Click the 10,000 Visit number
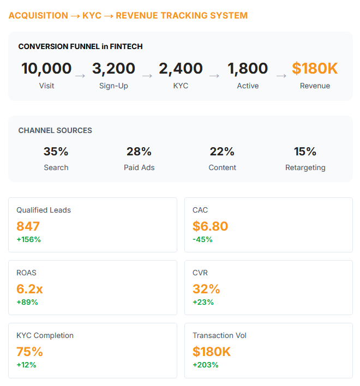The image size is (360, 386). [46, 69]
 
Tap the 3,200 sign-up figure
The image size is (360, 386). [113, 69]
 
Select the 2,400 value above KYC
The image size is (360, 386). [181, 69]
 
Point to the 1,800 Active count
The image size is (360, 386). [248, 69]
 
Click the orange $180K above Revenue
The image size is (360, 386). [315, 69]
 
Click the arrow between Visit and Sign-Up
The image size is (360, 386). [80, 76]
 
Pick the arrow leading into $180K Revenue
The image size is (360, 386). [281, 76]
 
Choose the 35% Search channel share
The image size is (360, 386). [56, 152]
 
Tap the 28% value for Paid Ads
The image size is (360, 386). [139, 152]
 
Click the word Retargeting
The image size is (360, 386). [305, 167]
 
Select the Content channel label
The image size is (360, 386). [222, 167]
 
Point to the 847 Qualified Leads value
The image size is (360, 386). [28, 226]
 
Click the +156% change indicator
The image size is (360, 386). [28, 239]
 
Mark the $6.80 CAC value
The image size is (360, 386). [210, 226]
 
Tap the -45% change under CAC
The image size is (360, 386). [202, 239]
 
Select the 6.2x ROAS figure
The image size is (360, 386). [31, 289]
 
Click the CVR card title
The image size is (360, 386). [200, 273]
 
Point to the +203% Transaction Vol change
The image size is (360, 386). [205, 365]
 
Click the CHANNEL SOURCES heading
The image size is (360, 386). [55, 131]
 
